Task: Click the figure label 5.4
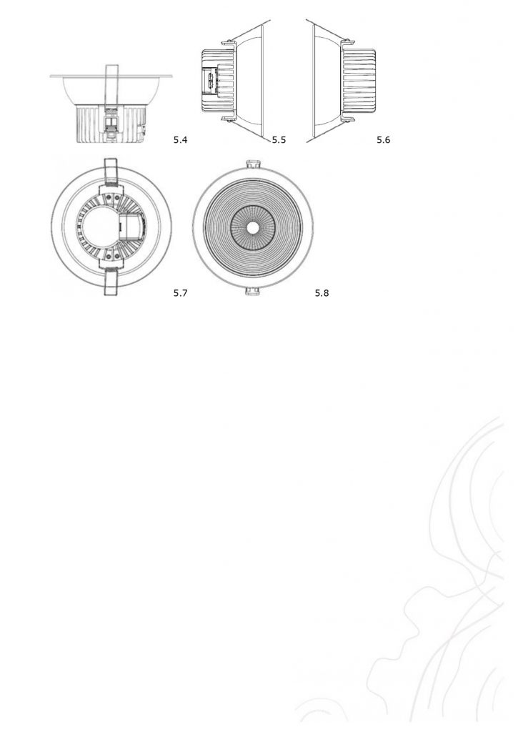click(180, 139)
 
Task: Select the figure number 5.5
click(279, 139)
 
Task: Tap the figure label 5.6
click(383, 139)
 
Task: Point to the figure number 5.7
click(180, 292)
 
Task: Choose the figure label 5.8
click(322, 292)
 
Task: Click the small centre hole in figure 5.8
click(252, 227)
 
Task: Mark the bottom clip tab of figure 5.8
click(252, 292)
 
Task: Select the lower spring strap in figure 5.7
click(111, 282)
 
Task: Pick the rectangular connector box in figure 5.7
click(132, 227)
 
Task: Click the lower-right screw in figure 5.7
click(116, 257)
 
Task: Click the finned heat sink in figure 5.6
click(359, 81)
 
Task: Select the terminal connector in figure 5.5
click(211, 81)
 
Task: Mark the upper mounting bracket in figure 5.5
click(228, 44)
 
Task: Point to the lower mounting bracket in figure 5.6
click(348, 119)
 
